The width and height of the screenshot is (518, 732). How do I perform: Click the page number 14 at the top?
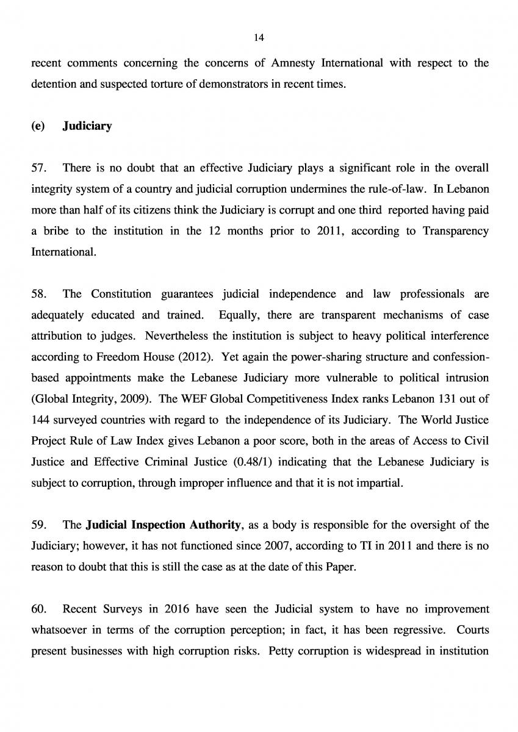259,37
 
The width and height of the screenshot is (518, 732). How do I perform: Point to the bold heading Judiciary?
87,126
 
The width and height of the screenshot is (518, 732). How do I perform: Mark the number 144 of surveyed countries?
40,421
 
